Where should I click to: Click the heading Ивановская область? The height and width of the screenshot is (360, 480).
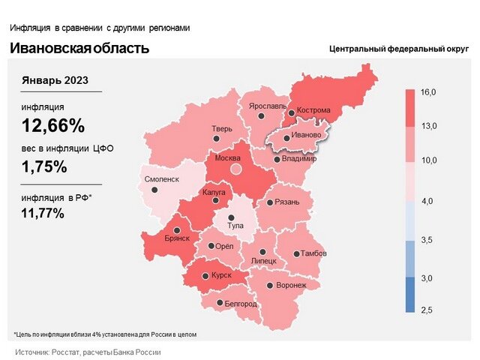click(79, 49)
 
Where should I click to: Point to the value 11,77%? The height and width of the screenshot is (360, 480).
click(43, 213)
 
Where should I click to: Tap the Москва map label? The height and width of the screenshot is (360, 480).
click(228, 159)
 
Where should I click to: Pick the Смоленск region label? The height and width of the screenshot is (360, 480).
click(161, 180)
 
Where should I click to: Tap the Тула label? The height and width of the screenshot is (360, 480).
click(237, 224)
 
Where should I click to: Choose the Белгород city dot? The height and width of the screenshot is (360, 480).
click(219, 304)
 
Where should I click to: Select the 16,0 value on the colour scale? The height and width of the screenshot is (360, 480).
click(429, 92)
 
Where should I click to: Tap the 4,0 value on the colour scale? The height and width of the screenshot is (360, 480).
click(429, 202)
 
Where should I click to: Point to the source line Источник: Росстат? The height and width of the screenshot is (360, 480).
click(88, 351)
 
